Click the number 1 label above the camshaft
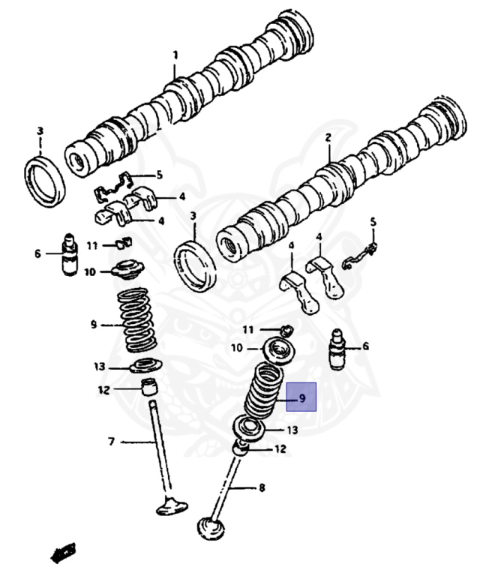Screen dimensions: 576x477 [x=175, y=55]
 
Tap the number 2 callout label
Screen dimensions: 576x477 [x=328, y=138]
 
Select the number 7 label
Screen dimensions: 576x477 [x=111, y=442]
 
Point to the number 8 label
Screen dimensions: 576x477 [x=262, y=488]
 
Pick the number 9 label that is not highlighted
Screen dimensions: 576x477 [x=93, y=325]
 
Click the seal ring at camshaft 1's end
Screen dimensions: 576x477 [x=46, y=181]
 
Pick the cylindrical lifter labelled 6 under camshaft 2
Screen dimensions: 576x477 [x=339, y=349]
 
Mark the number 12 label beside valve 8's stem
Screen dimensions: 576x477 [x=280, y=449]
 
